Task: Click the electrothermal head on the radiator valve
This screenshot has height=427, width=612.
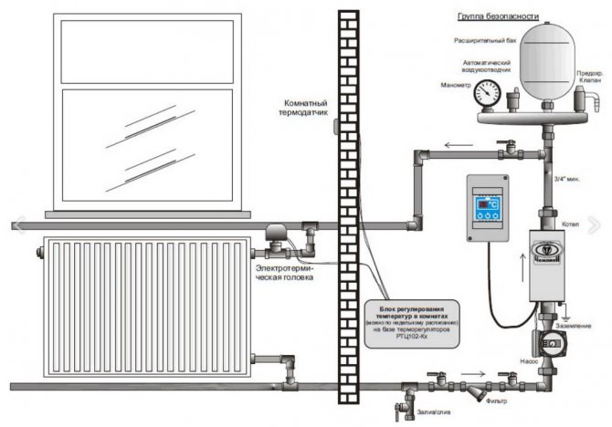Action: (x=276, y=240)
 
